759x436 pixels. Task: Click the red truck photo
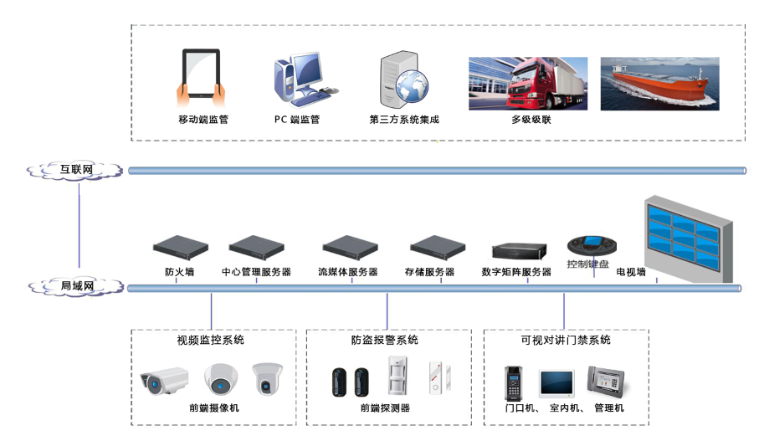coord(527,83)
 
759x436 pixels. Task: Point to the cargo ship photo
coord(659,84)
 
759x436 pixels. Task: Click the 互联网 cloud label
coord(76,170)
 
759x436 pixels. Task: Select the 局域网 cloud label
coord(77,287)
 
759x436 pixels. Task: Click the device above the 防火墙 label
coord(180,247)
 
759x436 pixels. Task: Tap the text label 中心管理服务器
coord(256,272)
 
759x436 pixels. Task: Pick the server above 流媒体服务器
coord(351,247)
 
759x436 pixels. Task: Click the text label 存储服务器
coord(429,272)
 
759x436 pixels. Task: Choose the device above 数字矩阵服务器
coord(519,250)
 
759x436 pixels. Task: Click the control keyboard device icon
coord(592,245)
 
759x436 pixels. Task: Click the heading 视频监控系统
coord(211,341)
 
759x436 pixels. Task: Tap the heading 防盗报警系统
coord(385,341)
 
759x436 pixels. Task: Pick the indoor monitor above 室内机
coord(556,382)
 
